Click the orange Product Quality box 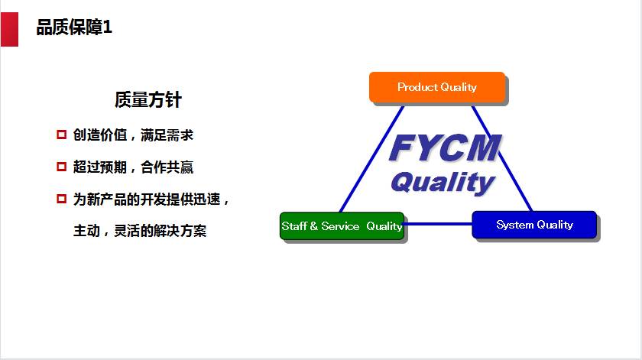pos(437,87)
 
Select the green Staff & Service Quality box pos(342,225)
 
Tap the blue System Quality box pos(534,225)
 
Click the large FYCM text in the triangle pos(445,148)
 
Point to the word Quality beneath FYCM pos(443,182)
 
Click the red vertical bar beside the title pos(9,29)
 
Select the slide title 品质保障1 pos(74,28)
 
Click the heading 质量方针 pos(148,99)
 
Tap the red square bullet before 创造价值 pos(61,135)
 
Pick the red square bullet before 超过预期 pos(61,167)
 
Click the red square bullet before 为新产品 pos(61,199)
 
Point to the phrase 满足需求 pos(167,135)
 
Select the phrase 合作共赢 pos(167,167)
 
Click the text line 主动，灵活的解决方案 pos(140,231)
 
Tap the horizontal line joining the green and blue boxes pos(438,224)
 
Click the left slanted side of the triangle pos(371,159)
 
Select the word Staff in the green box pos(294,226)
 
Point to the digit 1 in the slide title pos(107,28)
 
